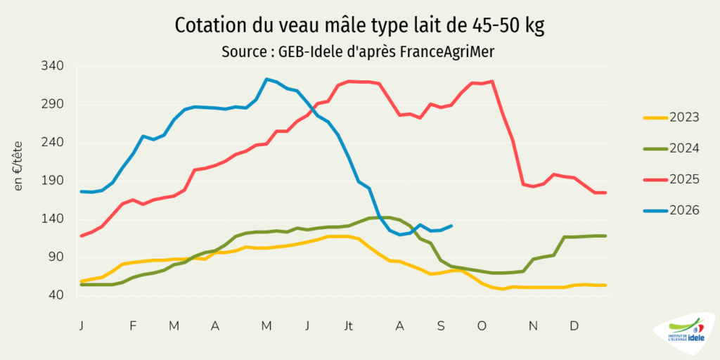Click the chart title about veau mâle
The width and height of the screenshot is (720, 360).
click(x=359, y=26)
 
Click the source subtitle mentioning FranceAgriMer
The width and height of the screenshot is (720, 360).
click(x=358, y=52)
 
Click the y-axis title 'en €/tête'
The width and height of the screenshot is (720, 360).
click(x=18, y=166)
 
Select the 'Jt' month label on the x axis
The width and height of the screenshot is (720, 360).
click(x=349, y=326)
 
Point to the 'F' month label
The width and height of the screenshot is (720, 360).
click(x=133, y=326)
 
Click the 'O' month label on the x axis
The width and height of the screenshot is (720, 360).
click(x=482, y=326)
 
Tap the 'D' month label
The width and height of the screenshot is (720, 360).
click(x=574, y=326)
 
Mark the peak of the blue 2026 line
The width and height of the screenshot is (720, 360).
click(x=266, y=79)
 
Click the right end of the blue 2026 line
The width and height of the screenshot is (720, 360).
click(x=452, y=226)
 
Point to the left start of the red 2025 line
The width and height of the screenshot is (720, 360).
click(x=82, y=236)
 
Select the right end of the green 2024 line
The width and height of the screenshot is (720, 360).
click(x=605, y=236)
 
